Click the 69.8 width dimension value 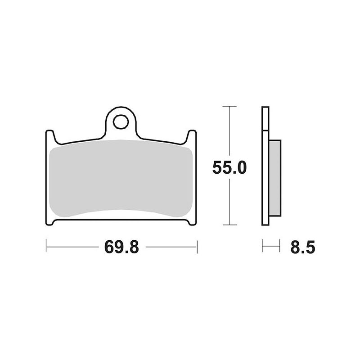point(121,247)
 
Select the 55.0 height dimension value point(229,167)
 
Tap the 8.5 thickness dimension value point(302,247)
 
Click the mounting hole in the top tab point(121,122)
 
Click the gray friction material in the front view point(121,178)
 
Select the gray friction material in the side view point(275,178)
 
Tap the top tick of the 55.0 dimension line point(229,106)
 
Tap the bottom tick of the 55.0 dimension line point(229,225)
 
